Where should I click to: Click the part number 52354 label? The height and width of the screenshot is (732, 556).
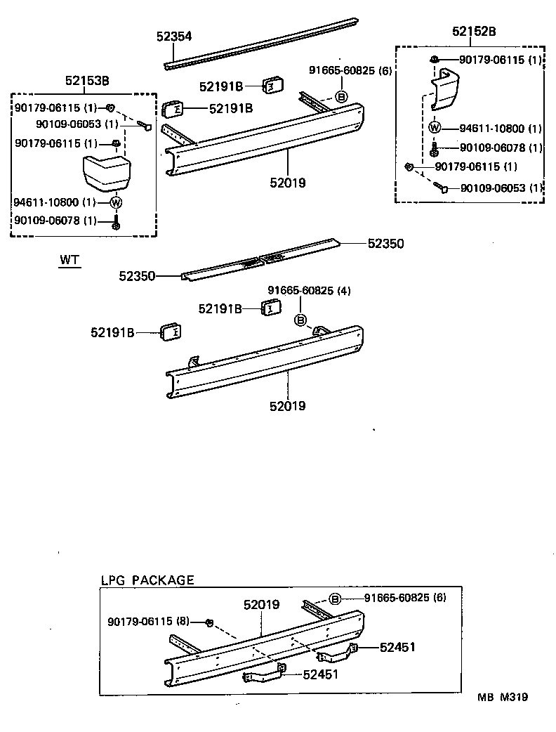173,37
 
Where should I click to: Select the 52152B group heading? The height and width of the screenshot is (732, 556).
473,32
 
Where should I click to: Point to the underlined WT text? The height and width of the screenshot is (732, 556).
69,260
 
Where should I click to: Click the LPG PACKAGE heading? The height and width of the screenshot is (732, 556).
147,580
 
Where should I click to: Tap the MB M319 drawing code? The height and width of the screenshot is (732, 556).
503,697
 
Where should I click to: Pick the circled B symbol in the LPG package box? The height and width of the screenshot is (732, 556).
335,599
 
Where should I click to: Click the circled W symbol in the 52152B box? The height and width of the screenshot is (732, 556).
434,128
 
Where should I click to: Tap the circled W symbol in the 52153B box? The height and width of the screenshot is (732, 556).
117,203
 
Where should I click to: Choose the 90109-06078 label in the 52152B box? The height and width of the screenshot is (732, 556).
501,148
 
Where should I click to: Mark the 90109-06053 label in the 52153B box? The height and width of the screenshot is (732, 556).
67,124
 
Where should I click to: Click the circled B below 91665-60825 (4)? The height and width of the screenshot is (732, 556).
300,320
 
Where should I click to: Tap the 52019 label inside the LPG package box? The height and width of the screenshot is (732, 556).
262,604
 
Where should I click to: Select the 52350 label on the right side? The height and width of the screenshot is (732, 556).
386,243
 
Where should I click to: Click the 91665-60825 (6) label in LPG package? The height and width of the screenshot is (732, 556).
404,598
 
